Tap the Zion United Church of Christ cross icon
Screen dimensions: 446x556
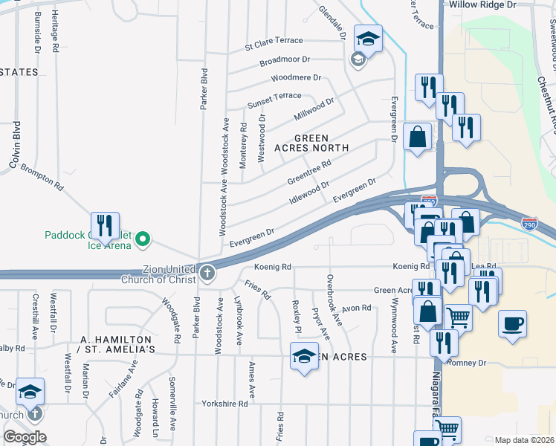[206, 274]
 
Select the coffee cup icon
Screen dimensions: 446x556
[514, 324]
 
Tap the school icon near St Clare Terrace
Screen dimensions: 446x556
[367, 38]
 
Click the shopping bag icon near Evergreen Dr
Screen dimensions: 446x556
[418, 137]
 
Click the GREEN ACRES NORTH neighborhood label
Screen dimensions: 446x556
[322, 143]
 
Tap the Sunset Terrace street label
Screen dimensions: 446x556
[274, 96]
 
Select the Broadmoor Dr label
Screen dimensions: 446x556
[285, 59]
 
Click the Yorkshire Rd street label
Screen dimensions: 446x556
[224, 404]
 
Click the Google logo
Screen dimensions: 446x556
[24, 437]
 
